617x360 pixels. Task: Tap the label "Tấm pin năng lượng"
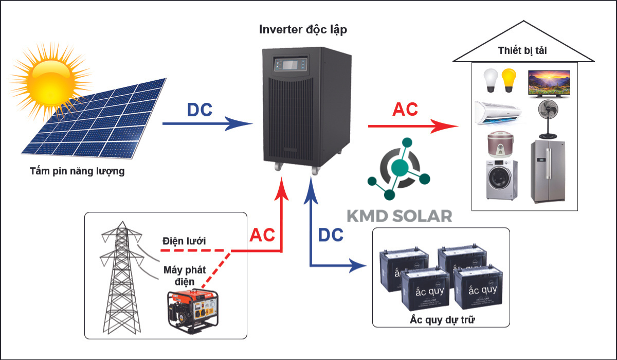[x=77, y=171]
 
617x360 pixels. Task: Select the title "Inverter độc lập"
[x=303, y=30]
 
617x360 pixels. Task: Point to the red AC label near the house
[x=405, y=110]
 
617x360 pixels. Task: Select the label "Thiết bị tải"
[x=523, y=50]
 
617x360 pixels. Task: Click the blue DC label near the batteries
[x=331, y=235]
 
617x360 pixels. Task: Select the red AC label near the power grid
[x=262, y=235]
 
